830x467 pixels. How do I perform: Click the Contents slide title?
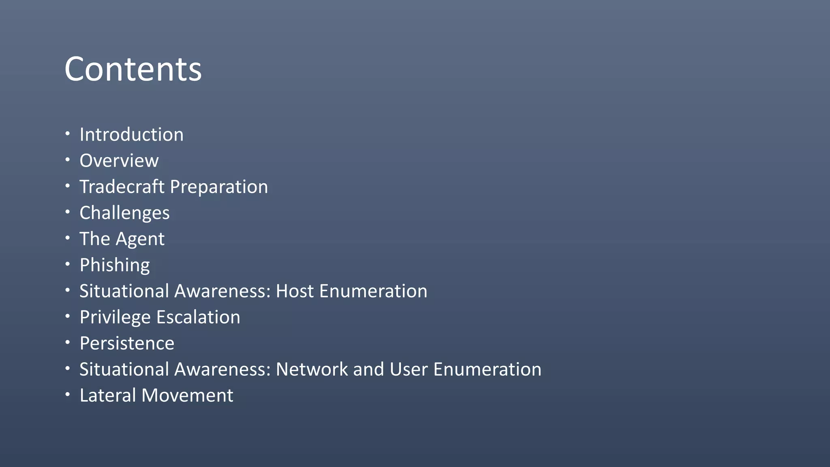(133, 69)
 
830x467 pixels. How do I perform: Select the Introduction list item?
(131, 135)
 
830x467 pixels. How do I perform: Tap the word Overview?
(119, 161)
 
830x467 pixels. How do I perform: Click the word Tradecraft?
(122, 187)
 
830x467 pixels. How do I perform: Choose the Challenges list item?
(124, 213)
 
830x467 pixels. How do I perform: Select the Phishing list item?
(115, 266)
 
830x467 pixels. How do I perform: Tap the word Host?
(295, 291)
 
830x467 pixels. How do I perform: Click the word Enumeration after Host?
(373, 291)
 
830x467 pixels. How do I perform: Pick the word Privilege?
(115, 317)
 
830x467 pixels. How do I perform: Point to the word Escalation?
(199, 317)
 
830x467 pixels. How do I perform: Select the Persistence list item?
(127, 343)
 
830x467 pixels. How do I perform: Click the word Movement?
(187, 395)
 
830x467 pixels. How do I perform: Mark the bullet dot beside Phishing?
(68, 264)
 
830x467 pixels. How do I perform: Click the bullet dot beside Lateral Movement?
(68, 394)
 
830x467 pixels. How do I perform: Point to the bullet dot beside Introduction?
(68, 134)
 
